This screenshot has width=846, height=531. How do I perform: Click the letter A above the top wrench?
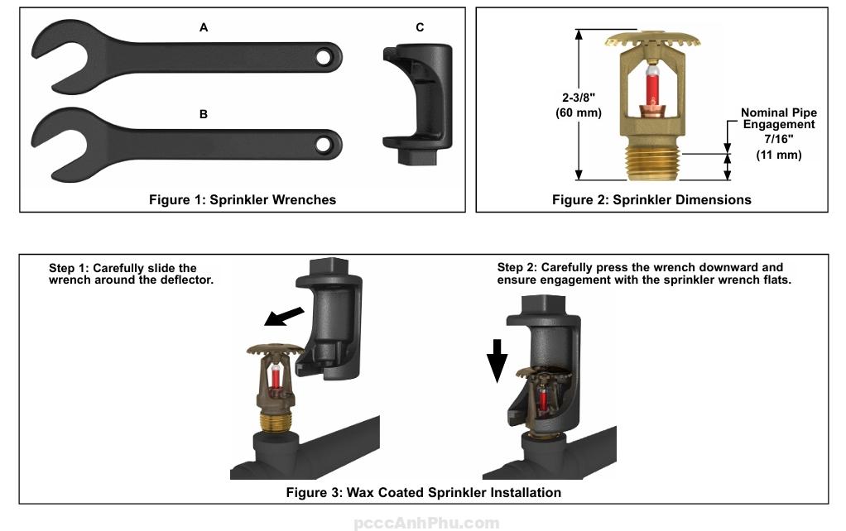pos(204,28)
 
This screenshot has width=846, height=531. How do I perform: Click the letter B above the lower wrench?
pos(204,115)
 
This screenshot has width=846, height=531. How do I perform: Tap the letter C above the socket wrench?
pos(420,28)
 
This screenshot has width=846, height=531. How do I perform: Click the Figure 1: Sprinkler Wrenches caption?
pos(243,199)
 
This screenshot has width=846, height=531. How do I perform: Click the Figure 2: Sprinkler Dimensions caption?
pos(651,199)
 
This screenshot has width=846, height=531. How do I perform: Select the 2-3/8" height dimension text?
pos(578,97)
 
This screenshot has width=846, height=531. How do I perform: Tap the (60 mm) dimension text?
pos(578,112)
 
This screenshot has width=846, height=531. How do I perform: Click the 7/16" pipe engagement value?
pos(778,139)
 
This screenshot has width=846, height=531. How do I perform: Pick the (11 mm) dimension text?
pos(778,155)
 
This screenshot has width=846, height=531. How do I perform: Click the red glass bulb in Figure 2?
pos(652,87)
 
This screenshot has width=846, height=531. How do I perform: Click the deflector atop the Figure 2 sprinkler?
pos(652,39)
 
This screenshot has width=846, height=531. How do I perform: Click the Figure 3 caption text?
pos(423,493)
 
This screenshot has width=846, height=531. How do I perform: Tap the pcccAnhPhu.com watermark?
pos(426,523)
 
